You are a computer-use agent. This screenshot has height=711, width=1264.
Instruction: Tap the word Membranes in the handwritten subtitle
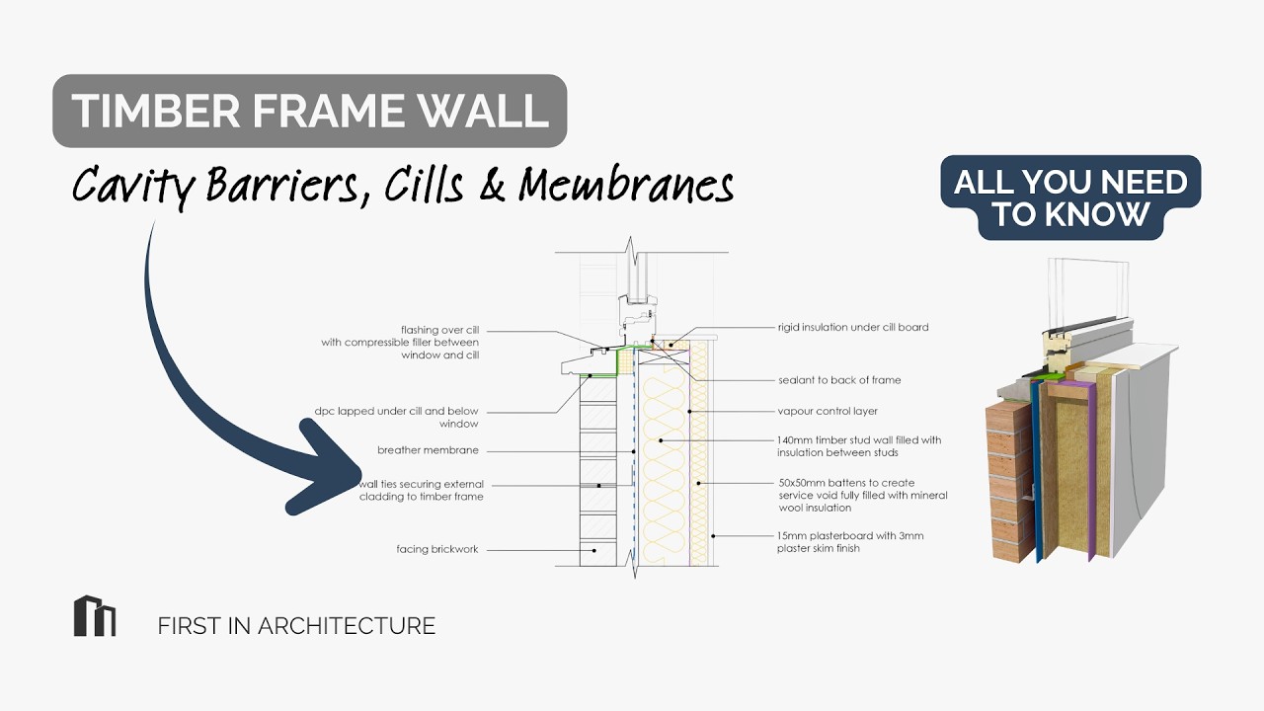(626, 185)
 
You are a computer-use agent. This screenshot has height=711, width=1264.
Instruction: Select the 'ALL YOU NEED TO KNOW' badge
(1070, 197)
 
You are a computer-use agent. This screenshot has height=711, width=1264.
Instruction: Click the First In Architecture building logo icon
(95, 615)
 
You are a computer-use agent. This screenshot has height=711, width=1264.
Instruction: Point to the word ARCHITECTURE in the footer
(347, 626)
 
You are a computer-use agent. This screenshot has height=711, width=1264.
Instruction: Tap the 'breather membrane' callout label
(428, 450)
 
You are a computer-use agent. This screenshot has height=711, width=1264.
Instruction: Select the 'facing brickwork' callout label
(437, 549)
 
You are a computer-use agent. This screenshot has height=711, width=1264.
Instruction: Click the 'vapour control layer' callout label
(828, 412)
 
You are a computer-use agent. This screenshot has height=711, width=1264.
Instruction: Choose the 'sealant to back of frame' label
(839, 380)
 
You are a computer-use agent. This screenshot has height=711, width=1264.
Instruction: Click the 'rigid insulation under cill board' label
(853, 327)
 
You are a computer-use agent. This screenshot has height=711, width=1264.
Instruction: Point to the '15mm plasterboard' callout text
(850, 542)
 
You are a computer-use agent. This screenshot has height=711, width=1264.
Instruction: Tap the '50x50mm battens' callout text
(863, 496)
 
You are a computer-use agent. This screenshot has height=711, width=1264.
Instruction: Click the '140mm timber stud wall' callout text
(859, 446)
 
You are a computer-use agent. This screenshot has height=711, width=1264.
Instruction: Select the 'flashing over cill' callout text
(400, 343)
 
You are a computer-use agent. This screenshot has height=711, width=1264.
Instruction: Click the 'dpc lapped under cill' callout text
(396, 418)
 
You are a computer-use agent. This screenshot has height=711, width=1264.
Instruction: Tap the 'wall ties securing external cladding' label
(422, 491)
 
